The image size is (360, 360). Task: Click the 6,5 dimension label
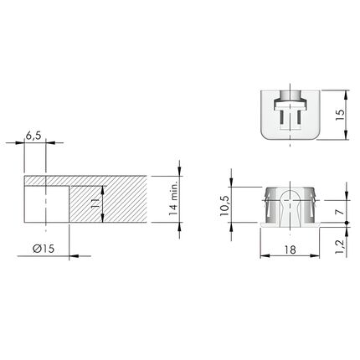[33, 136]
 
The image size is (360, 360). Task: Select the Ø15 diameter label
[44, 249]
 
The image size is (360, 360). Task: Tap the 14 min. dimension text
[173, 198]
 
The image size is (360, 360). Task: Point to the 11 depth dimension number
[96, 203]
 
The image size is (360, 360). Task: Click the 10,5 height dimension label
[224, 206]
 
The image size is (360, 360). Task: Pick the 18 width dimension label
[291, 249]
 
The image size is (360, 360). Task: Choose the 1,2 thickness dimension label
[339, 246]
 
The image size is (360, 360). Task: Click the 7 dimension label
[340, 212]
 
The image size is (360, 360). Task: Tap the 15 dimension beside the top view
[340, 115]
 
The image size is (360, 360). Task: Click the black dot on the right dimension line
[347, 223]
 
